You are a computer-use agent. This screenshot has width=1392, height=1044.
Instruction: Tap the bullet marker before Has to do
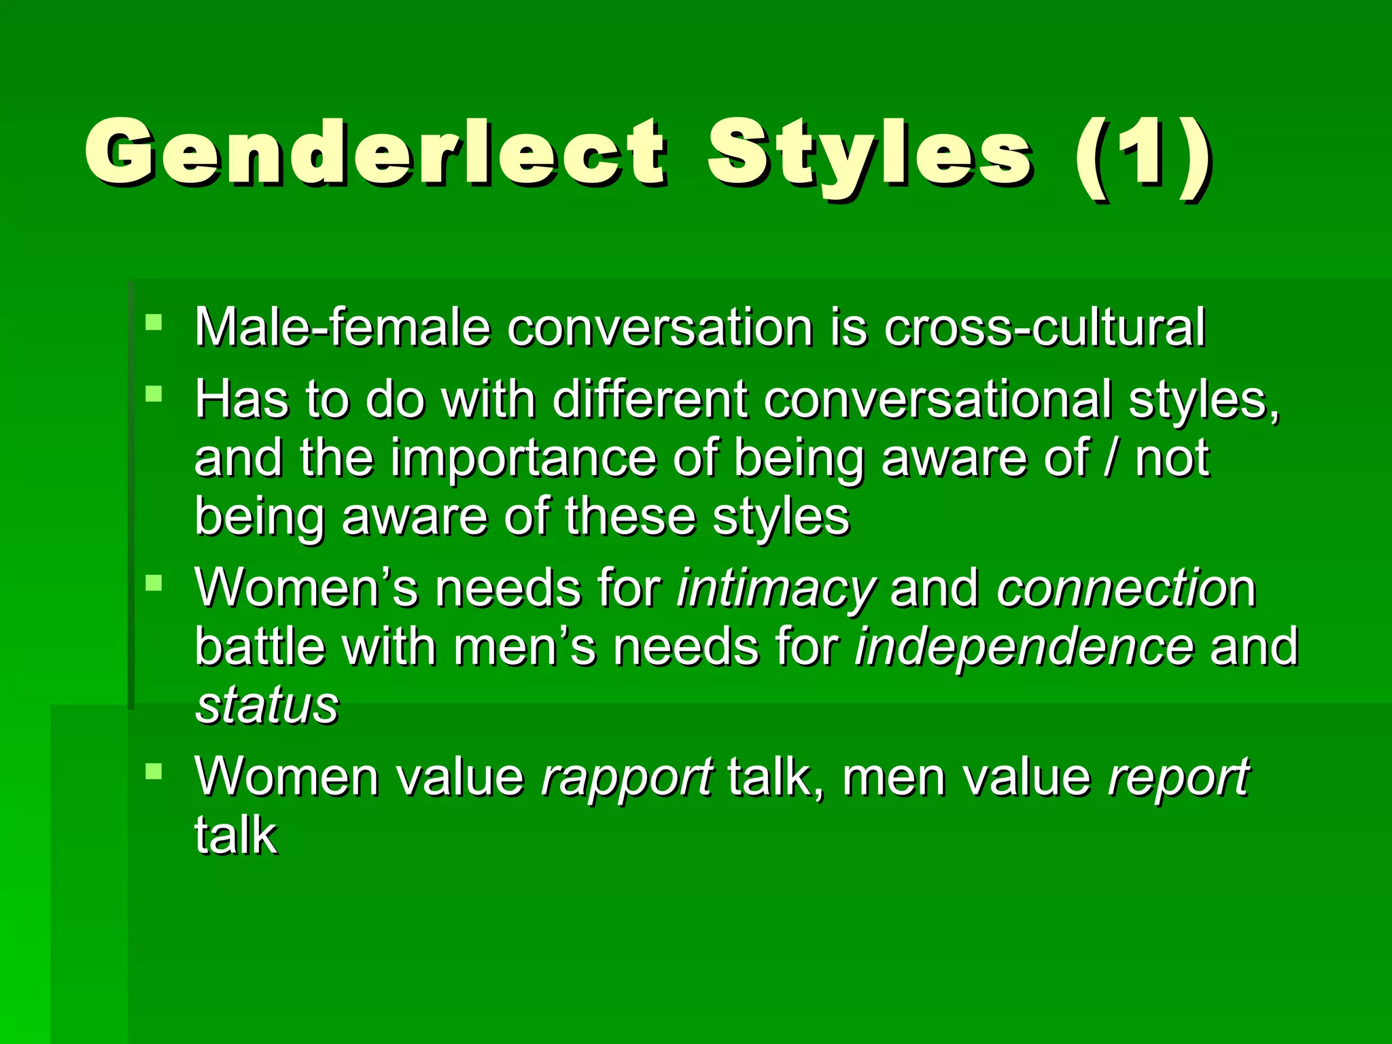154,394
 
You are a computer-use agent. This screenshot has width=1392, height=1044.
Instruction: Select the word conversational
938,400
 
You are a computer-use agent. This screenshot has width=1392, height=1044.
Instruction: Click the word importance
523,458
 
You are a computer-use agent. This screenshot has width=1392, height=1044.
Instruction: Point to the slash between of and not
1111,458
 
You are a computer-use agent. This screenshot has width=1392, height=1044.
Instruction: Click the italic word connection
1126,588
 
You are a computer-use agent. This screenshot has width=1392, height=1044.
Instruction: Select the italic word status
267,706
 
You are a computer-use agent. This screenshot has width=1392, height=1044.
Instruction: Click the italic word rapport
627,777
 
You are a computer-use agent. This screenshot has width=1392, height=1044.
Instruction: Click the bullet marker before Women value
154,771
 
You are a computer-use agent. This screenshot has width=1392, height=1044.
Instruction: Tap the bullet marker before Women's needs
154,582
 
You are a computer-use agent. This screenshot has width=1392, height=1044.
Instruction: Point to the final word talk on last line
236,835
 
